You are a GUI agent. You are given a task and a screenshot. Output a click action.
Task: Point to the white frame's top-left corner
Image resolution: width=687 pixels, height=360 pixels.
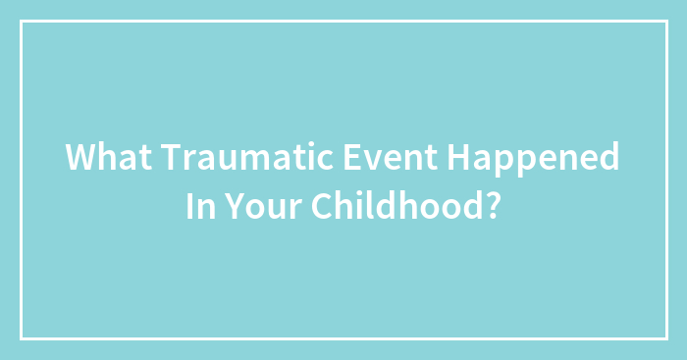click(22, 22)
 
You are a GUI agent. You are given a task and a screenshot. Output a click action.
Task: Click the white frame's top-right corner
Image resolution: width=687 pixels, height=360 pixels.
click(665, 22)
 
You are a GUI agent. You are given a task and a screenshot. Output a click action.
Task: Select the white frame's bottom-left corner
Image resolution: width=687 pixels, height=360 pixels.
click(22, 338)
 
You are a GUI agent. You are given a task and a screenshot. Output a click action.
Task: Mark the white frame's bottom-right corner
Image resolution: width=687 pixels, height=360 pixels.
click(665, 338)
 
